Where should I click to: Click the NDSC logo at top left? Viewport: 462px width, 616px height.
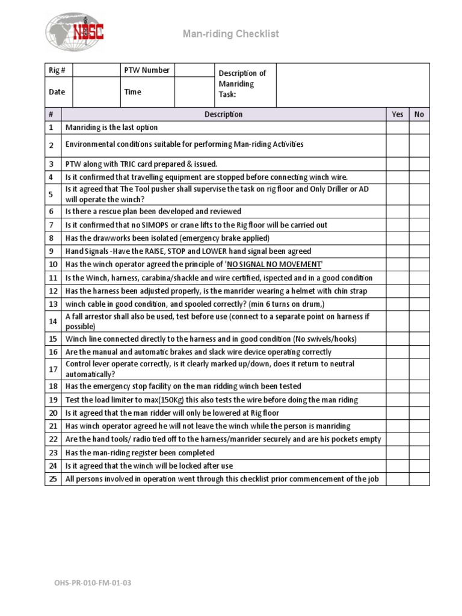click(x=75, y=33)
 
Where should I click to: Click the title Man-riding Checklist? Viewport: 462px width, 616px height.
click(x=231, y=34)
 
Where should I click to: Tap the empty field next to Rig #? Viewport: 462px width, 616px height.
click(x=96, y=70)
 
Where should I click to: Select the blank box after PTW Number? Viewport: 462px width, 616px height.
click(x=194, y=70)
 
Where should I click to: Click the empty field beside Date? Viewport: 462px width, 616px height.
click(x=96, y=92)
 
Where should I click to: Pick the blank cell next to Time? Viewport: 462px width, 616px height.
click(x=194, y=92)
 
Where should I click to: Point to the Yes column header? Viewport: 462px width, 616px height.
click(x=398, y=114)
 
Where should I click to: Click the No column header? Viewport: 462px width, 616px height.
click(x=419, y=114)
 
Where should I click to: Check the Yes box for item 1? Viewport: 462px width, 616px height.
click(x=398, y=128)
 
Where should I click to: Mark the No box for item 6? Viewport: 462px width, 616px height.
click(x=419, y=212)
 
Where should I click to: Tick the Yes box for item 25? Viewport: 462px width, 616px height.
click(x=398, y=479)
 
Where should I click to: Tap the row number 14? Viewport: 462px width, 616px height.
click(x=52, y=321)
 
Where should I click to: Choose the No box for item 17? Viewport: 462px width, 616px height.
click(x=419, y=369)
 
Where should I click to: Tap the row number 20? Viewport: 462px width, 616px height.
click(x=52, y=413)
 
